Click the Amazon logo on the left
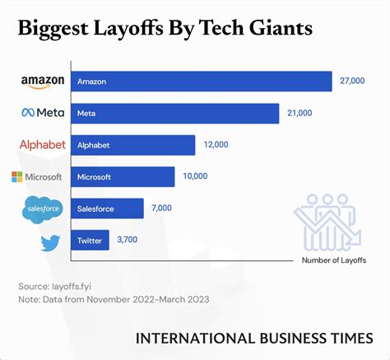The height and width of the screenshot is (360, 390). (x=42, y=82)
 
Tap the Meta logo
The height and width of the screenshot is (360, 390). (x=42, y=113)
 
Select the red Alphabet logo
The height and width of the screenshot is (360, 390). (x=42, y=145)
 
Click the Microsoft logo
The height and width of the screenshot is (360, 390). (x=37, y=177)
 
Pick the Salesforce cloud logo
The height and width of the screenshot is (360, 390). (x=42, y=209)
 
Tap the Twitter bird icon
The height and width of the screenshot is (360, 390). (x=50, y=242)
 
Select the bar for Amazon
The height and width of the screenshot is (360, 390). (x=202, y=82)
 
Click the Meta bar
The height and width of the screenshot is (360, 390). (x=175, y=113)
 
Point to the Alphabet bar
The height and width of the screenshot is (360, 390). (x=133, y=145)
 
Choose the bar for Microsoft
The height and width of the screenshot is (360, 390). (x=123, y=177)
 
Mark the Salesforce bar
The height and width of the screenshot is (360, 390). (x=108, y=208)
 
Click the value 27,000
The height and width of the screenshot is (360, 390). (x=351, y=82)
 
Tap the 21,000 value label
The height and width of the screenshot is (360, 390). (x=299, y=113)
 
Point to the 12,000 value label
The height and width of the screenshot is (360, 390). (x=216, y=145)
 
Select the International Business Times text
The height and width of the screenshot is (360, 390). (x=253, y=338)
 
